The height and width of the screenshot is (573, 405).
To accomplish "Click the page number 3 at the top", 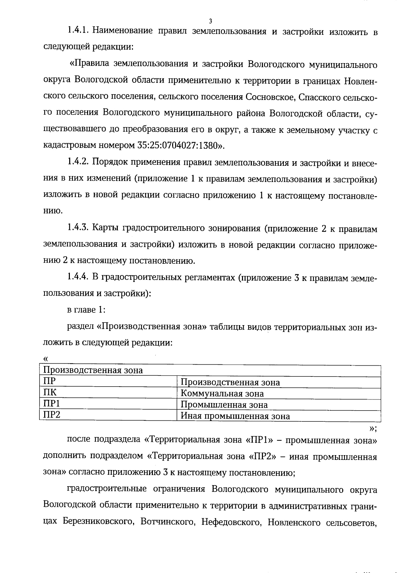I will click(211, 21).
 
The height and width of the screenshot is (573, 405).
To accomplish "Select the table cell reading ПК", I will click(50, 393).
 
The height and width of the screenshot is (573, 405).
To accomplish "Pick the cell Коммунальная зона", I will click(222, 393).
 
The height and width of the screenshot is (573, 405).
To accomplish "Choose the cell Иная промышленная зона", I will click(235, 416).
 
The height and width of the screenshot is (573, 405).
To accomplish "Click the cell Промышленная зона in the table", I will click(224, 405).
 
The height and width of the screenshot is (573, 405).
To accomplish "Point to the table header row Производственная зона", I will click(93, 370).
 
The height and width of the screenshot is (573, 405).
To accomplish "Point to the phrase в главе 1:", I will click(87, 310).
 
